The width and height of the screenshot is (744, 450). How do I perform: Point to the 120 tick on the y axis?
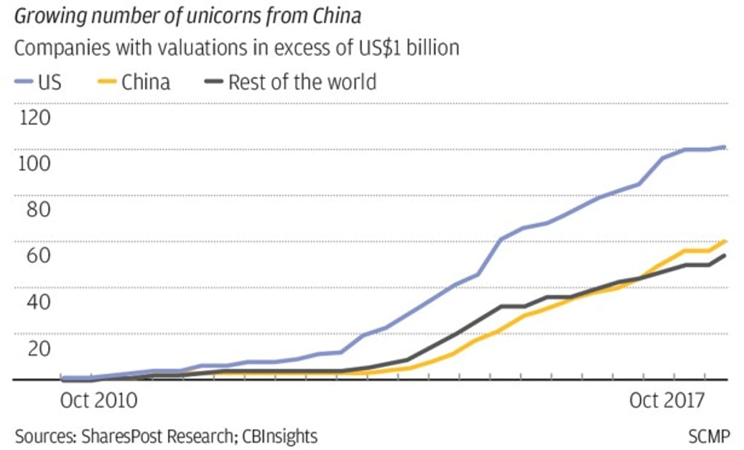click(35, 117)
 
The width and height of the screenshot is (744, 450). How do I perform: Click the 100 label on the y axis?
click(35, 163)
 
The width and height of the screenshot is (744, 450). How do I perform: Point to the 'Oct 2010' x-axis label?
click(97, 400)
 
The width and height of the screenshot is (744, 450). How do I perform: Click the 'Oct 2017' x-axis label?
click(666, 400)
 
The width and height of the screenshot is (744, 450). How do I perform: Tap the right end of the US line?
click(724, 147)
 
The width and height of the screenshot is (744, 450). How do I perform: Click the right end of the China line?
click(726, 241)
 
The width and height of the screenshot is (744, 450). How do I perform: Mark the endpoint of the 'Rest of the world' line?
click(725, 255)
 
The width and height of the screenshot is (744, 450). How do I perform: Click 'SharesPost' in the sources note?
click(118, 436)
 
